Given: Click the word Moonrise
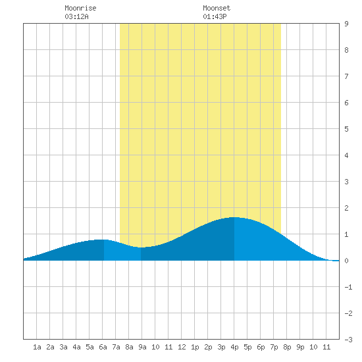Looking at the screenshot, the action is click(80, 8).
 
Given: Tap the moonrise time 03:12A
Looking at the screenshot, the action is click(76, 16).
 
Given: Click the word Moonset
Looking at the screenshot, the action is click(217, 8).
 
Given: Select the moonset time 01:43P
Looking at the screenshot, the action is click(215, 16).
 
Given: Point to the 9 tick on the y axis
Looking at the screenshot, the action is click(346, 24).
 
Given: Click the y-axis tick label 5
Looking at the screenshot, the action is click(346, 129).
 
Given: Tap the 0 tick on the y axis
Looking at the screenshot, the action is click(346, 261).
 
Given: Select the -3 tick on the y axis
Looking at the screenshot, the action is click(348, 340).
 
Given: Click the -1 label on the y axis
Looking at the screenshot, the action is click(348, 287).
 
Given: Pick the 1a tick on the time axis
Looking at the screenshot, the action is click(37, 347).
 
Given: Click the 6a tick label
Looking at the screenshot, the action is click(103, 347).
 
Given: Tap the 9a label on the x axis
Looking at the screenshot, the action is click(142, 347).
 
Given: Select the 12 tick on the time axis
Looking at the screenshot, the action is click(182, 347).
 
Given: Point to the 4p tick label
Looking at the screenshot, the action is click(234, 347).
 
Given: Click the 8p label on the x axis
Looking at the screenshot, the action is click(287, 347).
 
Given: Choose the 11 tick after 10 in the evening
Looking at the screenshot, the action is click(326, 347).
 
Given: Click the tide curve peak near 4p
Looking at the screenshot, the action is click(234, 217).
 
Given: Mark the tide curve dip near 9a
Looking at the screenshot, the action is click(141, 247).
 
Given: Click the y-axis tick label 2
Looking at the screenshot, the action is click(346, 208).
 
